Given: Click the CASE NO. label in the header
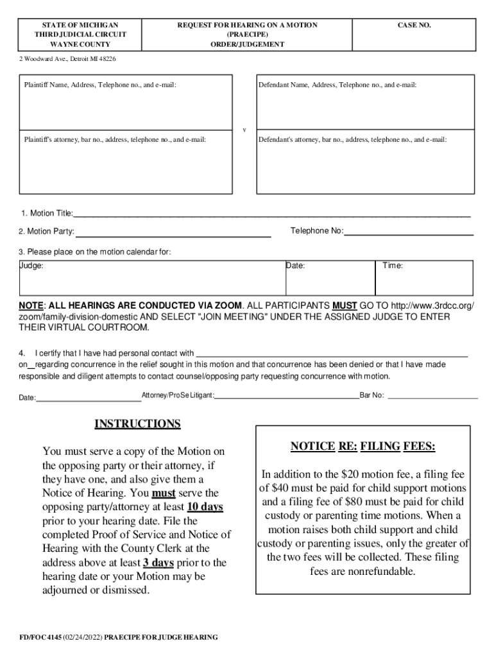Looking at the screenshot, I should [x=414, y=25].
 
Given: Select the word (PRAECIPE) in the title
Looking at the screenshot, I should [x=247, y=35].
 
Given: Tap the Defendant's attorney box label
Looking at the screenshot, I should [x=352, y=139].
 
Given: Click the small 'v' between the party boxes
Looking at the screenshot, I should [x=244, y=130].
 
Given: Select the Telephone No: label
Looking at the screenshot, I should [x=317, y=231].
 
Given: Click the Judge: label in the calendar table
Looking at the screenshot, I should [x=31, y=266].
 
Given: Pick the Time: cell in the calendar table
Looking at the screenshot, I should [x=393, y=266].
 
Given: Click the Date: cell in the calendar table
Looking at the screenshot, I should [x=296, y=266].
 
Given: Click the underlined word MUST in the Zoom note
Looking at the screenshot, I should [x=345, y=305].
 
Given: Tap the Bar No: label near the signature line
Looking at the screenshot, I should [x=371, y=395].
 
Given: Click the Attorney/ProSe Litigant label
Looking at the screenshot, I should [x=178, y=395].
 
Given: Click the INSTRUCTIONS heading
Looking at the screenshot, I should [x=137, y=424].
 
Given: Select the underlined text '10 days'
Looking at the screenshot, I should [x=205, y=507].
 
